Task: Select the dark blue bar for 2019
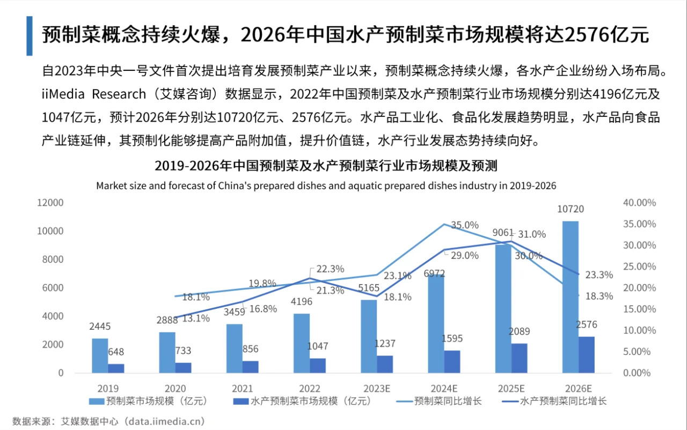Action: (x=116, y=368)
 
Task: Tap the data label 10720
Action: (x=571, y=210)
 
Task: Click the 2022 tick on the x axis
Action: (x=310, y=388)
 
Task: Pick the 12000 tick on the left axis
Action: (x=50, y=203)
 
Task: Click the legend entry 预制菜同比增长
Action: (x=448, y=401)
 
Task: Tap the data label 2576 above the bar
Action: (x=586, y=325)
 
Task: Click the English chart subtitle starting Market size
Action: (x=326, y=186)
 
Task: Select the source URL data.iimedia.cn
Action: (x=165, y=421)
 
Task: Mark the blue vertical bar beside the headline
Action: (x=30, y=36)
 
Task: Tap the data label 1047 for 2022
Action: (x=318, y=346)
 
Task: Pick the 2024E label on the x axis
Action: (x=444, y=388)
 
